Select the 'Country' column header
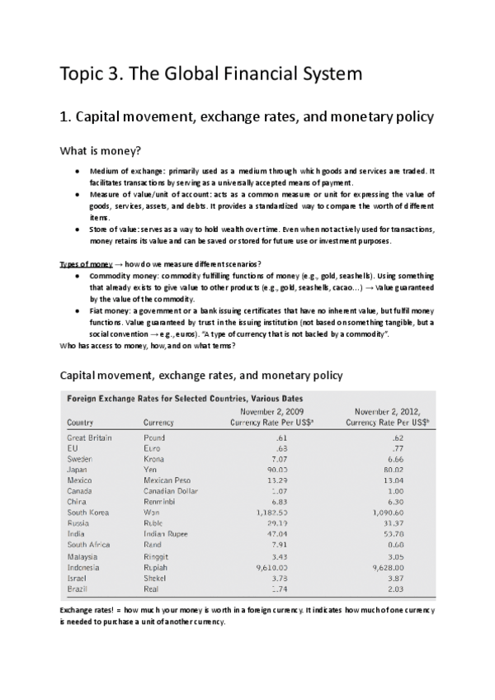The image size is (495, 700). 79,422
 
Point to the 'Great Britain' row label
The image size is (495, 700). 89,437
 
